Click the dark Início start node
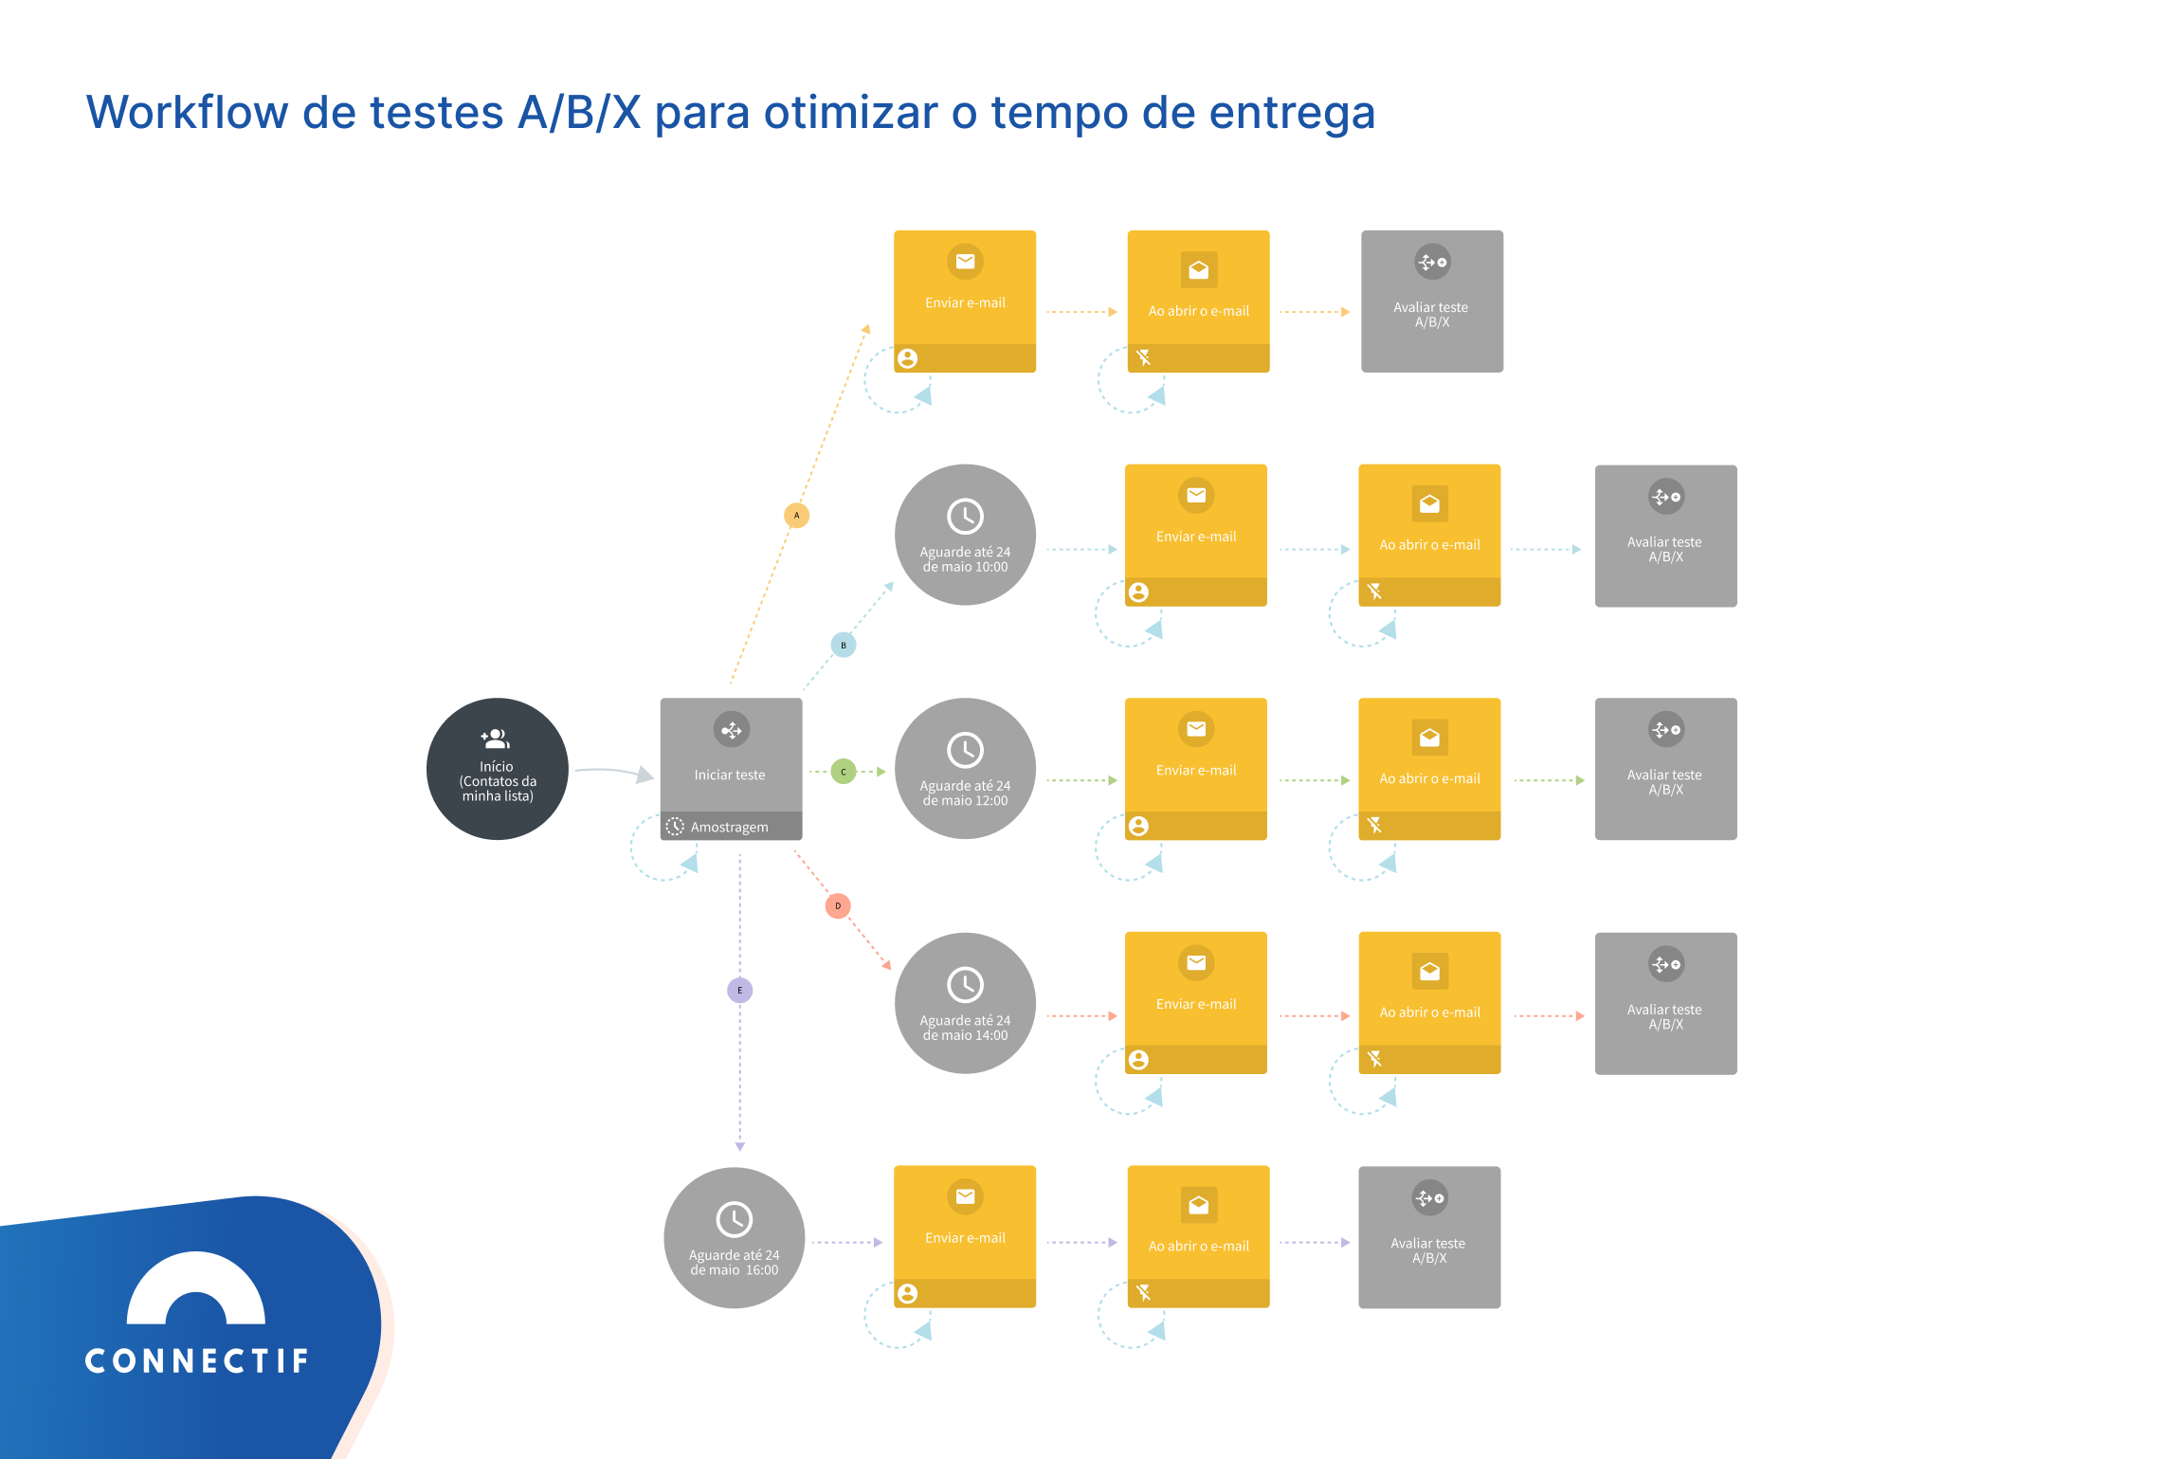coord(497,769)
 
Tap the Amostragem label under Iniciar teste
coord(729,827)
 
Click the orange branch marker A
coord(796,516)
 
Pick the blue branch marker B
coord(843,646)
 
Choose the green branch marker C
coord(843,772)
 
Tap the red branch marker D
coord(838,906)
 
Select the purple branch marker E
coord(739,991)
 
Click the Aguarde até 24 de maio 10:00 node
coord(965,535)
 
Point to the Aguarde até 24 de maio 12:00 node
coord(965,769)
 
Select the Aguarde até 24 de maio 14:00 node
coord(965,1003)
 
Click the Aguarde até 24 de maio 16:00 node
coord(734,1237)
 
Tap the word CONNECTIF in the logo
coord(197,1361)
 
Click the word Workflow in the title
coord(187,113)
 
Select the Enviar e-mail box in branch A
coord(965,301)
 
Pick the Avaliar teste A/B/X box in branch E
coord(1429,1237)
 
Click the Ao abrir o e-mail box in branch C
coord(1429,769)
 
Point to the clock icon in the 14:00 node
coord(965,985)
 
